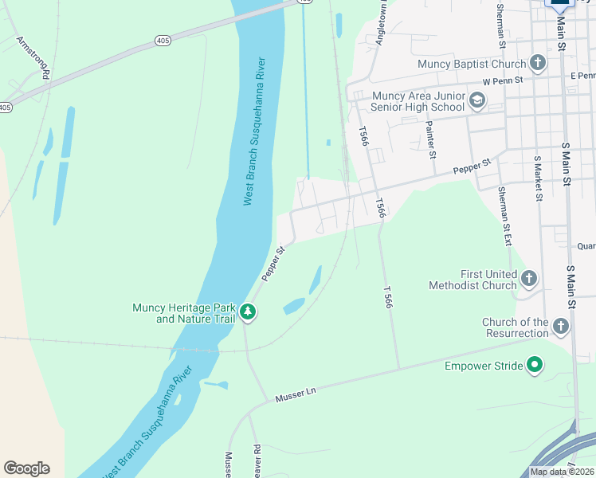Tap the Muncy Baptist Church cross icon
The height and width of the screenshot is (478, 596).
coord(538,63)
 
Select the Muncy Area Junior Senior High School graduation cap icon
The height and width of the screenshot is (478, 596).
coord(477,100)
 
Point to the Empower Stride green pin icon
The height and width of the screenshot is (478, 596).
coord(535,366)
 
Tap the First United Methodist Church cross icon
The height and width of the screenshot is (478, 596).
coord(530,279)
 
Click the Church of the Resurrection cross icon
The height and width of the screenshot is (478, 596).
coord(561,327)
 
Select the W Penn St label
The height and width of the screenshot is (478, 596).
coord(502,81)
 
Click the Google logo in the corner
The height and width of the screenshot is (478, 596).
coord(26,468)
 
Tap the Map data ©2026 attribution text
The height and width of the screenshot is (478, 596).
coord(562,472)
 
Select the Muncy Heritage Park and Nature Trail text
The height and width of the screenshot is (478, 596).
coord(184,313)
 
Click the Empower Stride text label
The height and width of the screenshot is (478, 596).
coord(484,366)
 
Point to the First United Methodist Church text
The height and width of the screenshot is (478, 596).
coord(472,280)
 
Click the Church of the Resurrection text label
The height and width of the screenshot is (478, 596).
coord(515,327)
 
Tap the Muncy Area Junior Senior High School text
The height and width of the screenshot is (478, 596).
coord(418,101)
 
